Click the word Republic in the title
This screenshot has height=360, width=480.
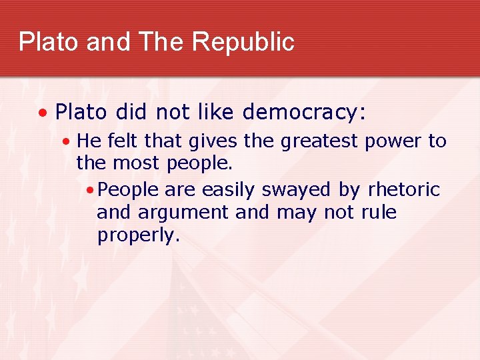click(243, 42)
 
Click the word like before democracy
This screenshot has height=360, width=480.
click(217, 113)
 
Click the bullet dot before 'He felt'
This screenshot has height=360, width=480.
click(67, 142)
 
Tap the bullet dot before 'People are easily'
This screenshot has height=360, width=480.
click(90, 191)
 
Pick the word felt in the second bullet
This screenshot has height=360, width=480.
click(121, 141)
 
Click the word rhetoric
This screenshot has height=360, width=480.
click(403, 190)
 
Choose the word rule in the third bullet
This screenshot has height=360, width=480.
click(379, 213)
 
